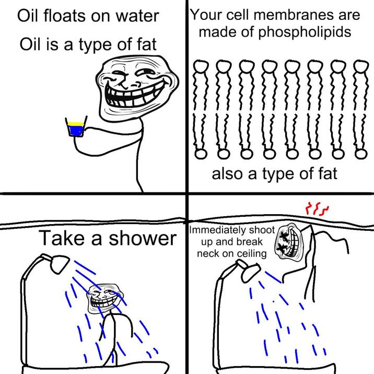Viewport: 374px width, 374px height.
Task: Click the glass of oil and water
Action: pyautogui.click(x=76, y=128)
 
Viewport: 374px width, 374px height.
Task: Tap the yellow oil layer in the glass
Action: pyautogui.click(x=76, y=123)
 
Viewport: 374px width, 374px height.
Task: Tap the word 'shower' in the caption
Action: pyautogui.click(x=142, y=239)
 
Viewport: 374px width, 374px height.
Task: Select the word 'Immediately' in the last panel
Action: pyautogui.click(x=216, y=230)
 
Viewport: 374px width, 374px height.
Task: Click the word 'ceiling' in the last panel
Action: pyautogui.click(x=250, y=254)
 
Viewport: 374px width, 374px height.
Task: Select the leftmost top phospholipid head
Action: pyautogui.click(x=201, y=67)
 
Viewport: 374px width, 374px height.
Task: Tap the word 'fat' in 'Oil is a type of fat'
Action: pyautogui.click(x=146, y=45)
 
